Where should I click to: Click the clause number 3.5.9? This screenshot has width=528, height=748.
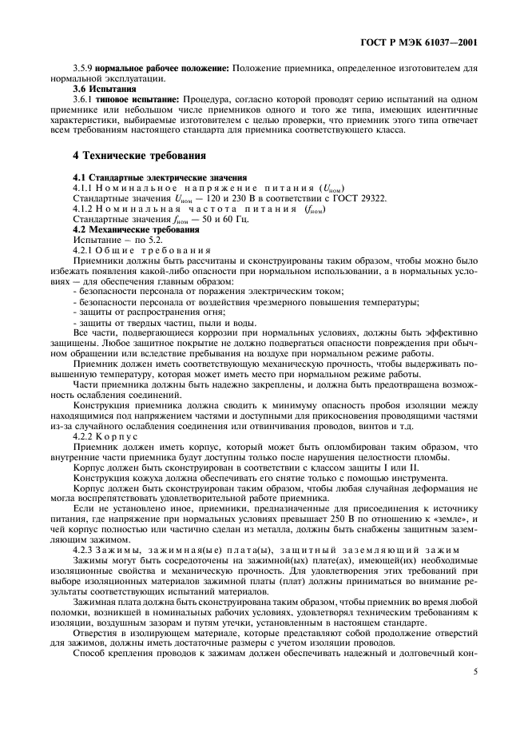pyautogui.click(x=82, y=68)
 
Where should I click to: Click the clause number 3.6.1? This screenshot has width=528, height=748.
pyautogui.click(x=83, y=99)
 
